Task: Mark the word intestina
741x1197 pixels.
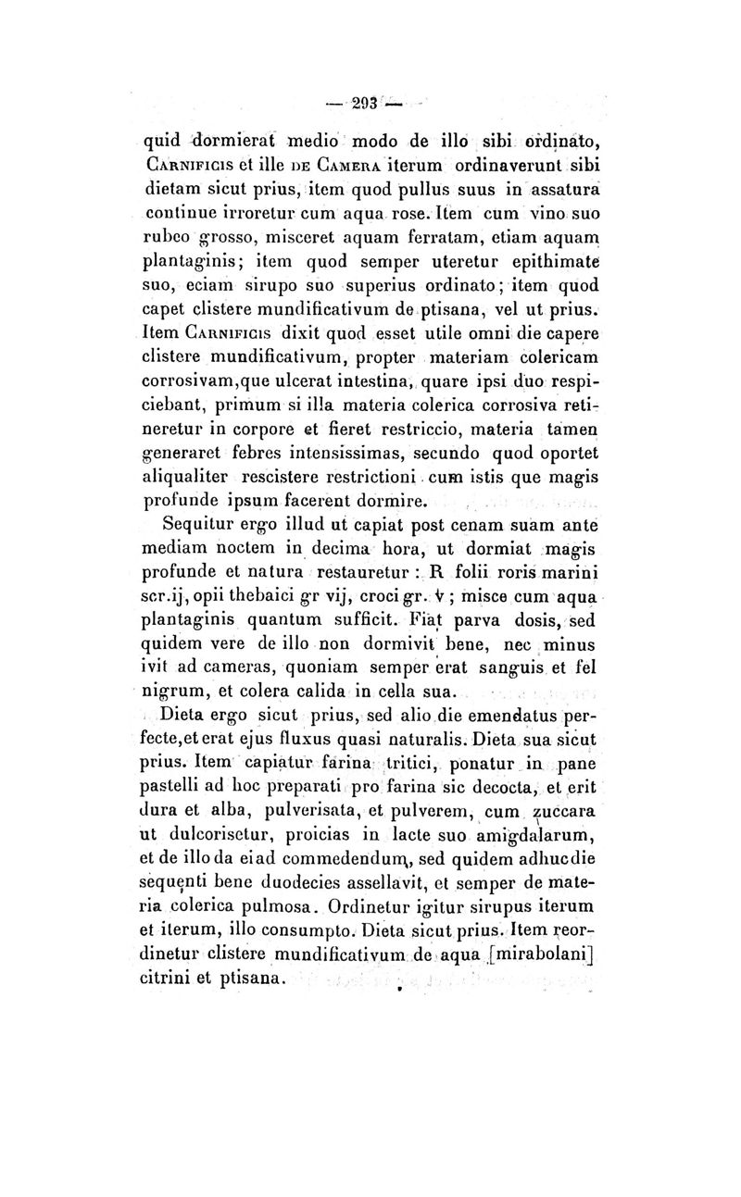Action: [x=344, y=382]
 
